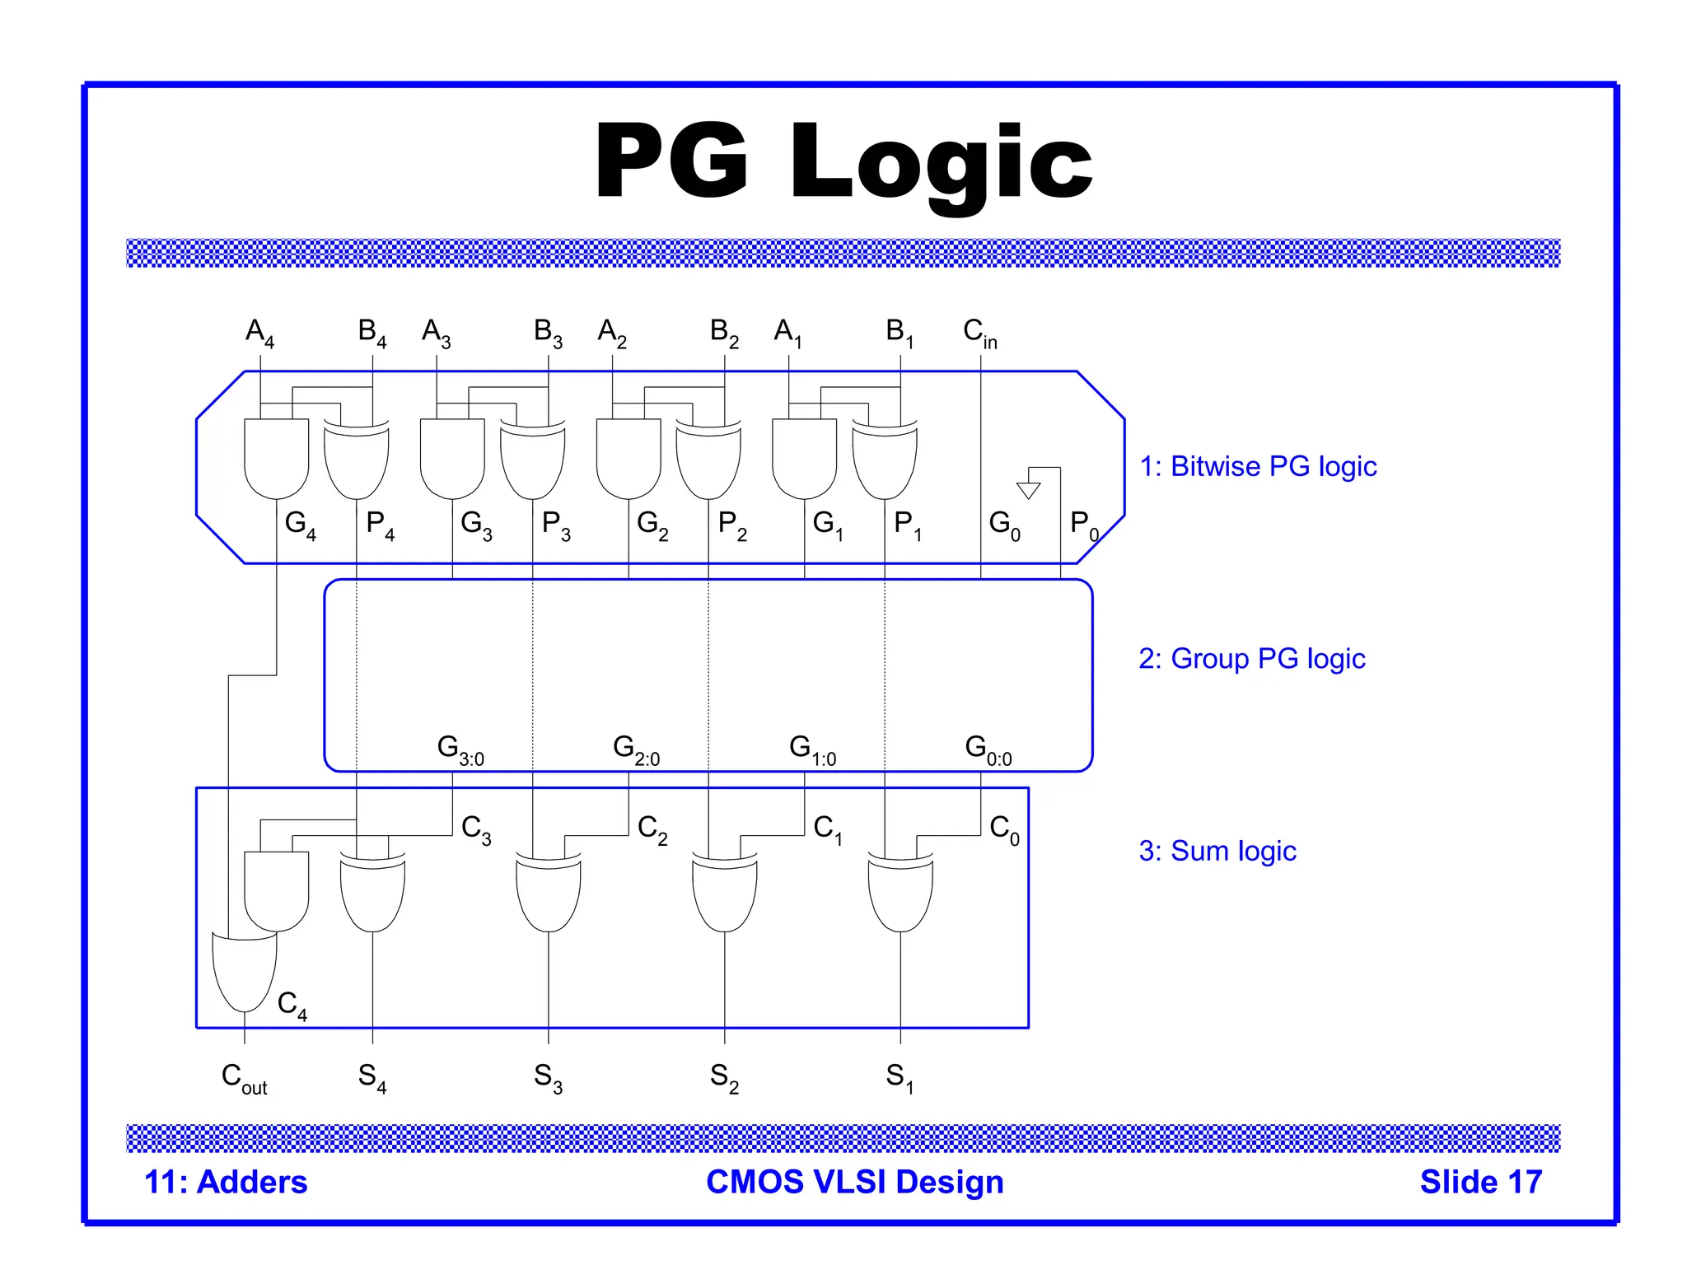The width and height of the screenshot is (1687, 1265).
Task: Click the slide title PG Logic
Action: pyautogui.click(x=843, y=162)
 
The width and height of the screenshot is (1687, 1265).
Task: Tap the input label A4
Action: pyautogui.click(x=259, y=333)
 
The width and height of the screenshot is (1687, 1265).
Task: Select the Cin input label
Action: pyautogui.click(x=979, y=333)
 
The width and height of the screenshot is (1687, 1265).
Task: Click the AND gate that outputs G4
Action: pyautogui.click(x=276, y=458)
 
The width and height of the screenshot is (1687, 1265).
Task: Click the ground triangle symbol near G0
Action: pyautogui.click(x=1028, y=490)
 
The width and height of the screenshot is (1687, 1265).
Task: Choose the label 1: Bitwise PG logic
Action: pyautogui.click(x=1257, y=466)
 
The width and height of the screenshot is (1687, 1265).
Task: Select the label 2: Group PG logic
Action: pyautogui.click(x=1251, y=659)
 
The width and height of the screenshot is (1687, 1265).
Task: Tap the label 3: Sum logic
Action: pyautogui.click(x=1217, y=851)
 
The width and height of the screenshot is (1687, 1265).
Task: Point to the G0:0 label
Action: pyautogui.click(x=988, y=749)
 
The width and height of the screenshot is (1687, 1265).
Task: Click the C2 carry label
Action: pyautogui.click(x=652, y=829)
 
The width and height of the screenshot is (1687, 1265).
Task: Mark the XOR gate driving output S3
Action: pyautogui.click(x=548, y=893)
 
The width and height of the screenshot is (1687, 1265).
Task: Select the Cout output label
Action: pyautogui.click(x=244, y=1077)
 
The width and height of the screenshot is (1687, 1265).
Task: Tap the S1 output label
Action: pyautogui.click(x=900, y=1077)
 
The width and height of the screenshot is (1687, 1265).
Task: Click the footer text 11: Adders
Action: pyautogui.click(x=226, y=1182)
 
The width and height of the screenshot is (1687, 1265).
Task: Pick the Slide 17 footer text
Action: pyautogui.click(x=1480, y=1182)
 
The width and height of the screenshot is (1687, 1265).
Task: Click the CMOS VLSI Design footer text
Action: pyautogui.click(x=854, y=1182)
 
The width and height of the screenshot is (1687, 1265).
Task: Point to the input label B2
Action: pyautogui.click(x=724, y=333)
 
